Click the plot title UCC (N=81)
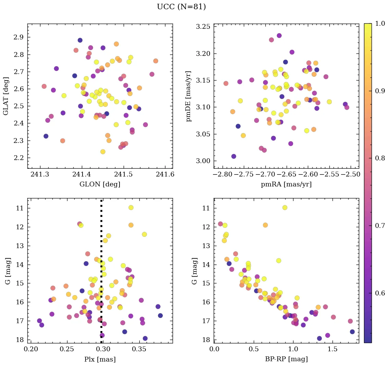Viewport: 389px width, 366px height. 181,7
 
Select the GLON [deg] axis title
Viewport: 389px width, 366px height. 100,184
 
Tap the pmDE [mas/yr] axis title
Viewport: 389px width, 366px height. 189,96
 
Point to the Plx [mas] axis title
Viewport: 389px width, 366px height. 100,359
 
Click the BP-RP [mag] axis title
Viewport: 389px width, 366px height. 286,359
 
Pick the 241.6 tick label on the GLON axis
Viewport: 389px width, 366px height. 165,174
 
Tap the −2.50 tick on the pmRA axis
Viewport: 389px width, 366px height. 351,174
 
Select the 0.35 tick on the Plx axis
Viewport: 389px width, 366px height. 139,350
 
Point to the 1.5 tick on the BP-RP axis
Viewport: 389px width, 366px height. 332,350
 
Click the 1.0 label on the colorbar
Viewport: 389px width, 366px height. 380,23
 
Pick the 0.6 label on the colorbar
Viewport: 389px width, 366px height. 380,293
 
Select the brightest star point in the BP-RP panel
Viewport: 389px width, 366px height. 285,207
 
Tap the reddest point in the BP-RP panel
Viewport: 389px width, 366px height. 352,331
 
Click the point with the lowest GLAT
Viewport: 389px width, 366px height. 103,151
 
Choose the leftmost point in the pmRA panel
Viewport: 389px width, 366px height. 226,83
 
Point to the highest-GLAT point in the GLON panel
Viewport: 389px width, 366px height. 80,40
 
